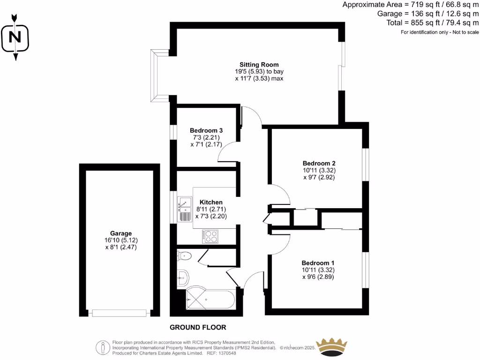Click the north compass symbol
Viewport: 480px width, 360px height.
click(x=15, y=37)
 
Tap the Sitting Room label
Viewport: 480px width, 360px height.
click(x=259, y=65)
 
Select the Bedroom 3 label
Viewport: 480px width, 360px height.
click(x=206, y=130)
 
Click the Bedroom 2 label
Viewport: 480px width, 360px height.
click(x=319, y=163)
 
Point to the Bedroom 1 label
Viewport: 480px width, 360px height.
click(x=318, y=262)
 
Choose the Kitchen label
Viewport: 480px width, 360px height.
click(x=211, y=202)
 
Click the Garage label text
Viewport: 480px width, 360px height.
click(x=121, y=233)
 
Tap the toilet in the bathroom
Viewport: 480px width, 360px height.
click(x=184, y=256)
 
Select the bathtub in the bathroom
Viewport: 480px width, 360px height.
click(x=210, y=299)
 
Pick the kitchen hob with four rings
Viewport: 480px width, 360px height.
click(x=210, y=236)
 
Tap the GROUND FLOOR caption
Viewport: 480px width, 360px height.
click(x=198, y=327)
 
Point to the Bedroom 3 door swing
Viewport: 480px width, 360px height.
click(x=228, y=152)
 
